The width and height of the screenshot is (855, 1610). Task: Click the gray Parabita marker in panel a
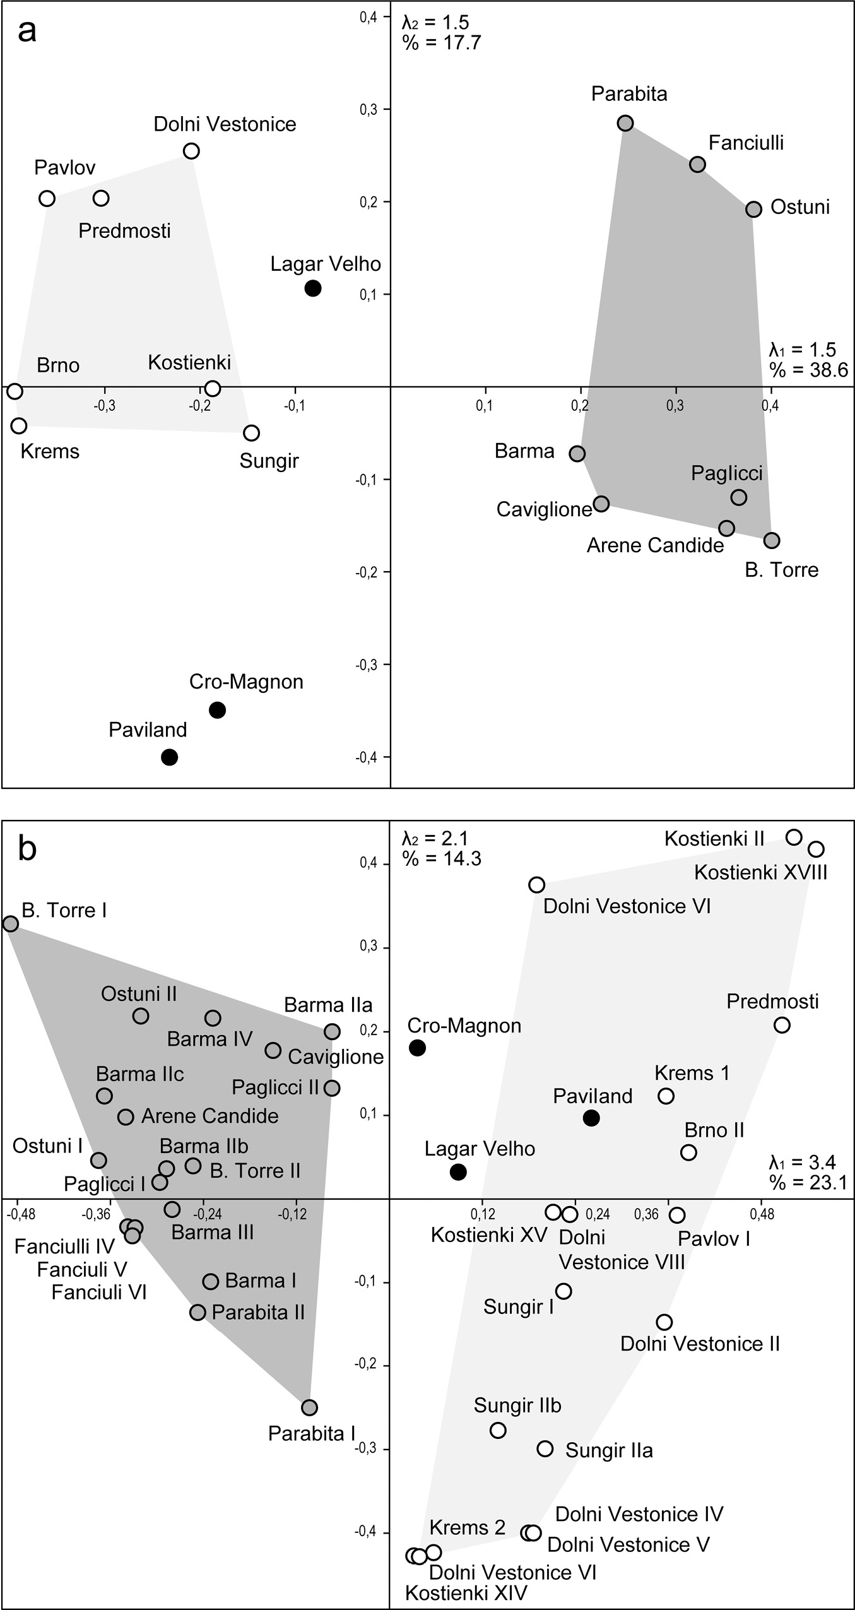pos(625,122)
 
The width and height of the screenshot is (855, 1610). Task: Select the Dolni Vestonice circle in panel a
pos(191,151)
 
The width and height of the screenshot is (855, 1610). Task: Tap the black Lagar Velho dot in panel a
pos(313,288)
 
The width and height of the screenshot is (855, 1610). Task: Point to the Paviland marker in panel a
pos(169,757)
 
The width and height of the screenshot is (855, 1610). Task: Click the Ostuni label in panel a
pos(800,207)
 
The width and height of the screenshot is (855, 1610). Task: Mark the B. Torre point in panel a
pos(772,540)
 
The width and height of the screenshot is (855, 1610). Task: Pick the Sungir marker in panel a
pos(252,433)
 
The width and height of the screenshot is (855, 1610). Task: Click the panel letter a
pos(27,30)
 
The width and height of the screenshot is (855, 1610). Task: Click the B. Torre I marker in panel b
pos(10,924)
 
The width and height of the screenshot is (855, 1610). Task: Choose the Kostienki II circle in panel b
pos(794,838)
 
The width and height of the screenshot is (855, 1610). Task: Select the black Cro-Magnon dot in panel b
pos(418,1048)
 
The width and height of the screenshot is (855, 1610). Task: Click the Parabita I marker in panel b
pos(309,1407)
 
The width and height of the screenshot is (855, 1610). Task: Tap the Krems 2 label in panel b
pos(468,1527)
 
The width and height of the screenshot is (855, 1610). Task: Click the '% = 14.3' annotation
pos(442,858)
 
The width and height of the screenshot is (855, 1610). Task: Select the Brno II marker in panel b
pos(688,1152)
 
